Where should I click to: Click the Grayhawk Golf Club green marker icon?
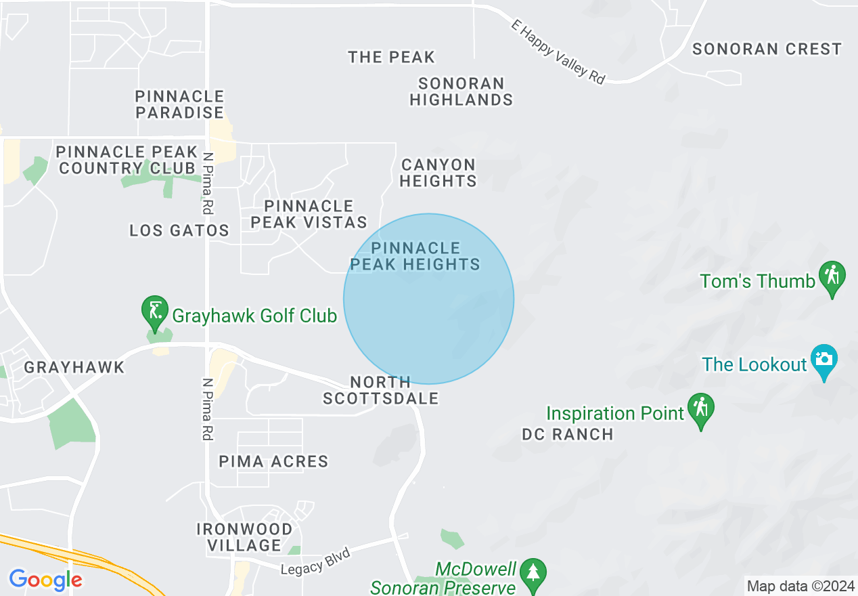155,312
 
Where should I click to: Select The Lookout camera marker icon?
823,360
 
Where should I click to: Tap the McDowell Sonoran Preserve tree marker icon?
534,573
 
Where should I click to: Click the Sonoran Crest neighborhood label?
767,49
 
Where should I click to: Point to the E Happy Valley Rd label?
558,51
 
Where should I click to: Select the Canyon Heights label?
438,173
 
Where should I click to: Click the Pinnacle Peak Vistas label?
309,214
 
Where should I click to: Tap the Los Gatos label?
179,231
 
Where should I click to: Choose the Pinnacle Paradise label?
180,104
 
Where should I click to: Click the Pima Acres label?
273,462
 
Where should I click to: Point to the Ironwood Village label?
244,537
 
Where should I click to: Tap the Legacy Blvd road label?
316,562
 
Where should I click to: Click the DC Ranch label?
568,435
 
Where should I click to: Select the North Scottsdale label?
380,391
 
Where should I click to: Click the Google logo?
46,580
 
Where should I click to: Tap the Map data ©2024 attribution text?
799,585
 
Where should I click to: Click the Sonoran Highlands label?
461,91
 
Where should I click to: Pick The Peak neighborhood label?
392,58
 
